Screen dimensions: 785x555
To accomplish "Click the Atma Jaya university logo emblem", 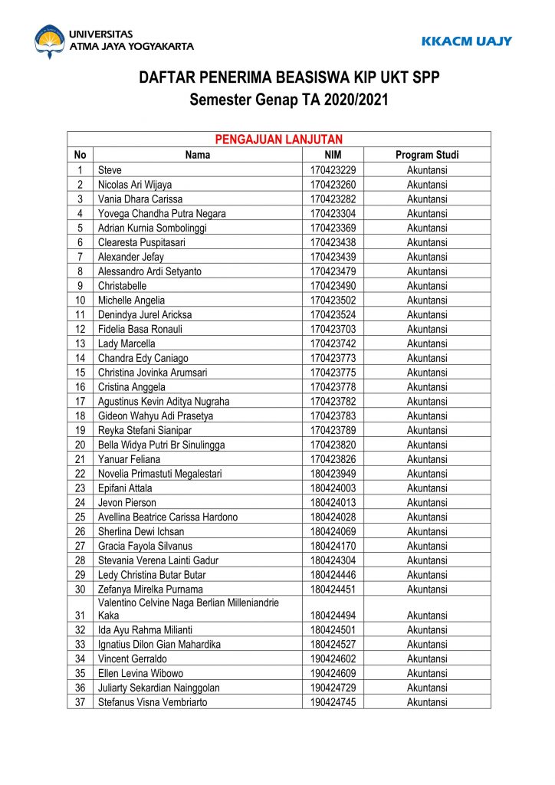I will tap(49, 41).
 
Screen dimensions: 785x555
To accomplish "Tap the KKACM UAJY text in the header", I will tap(466, 41).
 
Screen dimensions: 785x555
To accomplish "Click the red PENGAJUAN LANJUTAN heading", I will tap(278, 140).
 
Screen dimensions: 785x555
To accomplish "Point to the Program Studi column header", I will tap(427, 155).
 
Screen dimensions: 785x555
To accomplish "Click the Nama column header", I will tap(198, 155).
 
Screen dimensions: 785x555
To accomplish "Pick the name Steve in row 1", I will tap(110, 170).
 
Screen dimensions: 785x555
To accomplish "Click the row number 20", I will tap(80, 445).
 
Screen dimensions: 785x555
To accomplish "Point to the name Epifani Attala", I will tap(125, 488).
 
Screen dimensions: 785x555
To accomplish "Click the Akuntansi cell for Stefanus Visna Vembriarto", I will tap(427, 702).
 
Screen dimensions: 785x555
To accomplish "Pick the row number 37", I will tap(80, 702).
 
